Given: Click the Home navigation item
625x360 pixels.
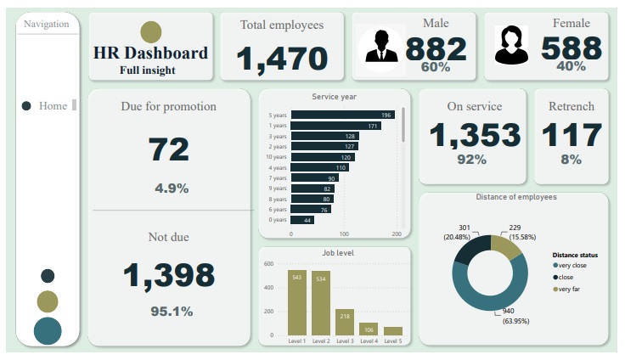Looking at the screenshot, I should pos(51,106).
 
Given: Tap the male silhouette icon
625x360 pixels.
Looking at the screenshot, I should pos(381,46).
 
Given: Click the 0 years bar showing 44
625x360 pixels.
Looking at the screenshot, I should pos(302,220).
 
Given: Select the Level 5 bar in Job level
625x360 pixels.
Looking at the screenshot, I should pos(393,330).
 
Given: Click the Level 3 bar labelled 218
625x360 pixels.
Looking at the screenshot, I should pos(345,322).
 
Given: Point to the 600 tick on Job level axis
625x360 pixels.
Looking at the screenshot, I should pos(267,264).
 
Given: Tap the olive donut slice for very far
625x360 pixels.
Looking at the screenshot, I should pos(506,245).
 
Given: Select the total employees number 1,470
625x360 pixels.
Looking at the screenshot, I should pos(282,59).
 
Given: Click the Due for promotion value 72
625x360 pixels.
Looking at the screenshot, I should pos(169,150).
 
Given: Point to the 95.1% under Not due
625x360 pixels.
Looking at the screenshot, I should pos(172,311).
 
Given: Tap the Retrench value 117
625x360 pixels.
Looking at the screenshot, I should pos(572,135).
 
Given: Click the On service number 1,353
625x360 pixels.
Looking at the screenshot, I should pos(474,135).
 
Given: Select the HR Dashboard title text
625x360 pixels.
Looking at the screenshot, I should pos(150,53).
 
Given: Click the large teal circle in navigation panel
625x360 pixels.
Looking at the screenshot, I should pos(48,331).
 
